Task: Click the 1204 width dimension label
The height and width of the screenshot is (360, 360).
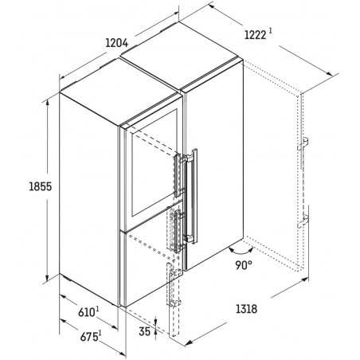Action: click(x=117, y=43)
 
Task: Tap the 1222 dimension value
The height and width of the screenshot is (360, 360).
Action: click(x=255, y=35)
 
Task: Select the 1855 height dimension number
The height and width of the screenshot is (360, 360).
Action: click(x=40, y=186)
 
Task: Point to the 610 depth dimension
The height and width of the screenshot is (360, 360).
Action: click(x=86, y=312)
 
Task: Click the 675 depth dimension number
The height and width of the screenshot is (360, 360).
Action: click(x=88, y=337)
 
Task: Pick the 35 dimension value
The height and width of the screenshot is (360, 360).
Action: click(x=145, y=331)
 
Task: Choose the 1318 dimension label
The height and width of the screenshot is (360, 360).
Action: click(x=246, y=309)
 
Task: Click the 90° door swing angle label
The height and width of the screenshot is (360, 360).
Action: click(x=244, y=265)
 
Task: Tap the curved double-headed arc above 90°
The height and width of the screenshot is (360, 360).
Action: click(x=241, y=251)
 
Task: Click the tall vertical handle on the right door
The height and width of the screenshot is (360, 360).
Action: click(x=192, y=197)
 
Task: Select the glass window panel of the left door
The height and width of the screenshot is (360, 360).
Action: click(x=155, y=162)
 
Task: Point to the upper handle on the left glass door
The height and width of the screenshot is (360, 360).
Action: click(x=178, y=175)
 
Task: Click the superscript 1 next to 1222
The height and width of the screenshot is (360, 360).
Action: click(x=270, y=31)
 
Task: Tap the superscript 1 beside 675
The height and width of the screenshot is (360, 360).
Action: click(x=100, y=333)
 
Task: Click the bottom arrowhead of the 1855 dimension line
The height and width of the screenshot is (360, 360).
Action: click(x=47, y=278)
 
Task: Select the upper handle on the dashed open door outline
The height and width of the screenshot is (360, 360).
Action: click(x=303, y=143)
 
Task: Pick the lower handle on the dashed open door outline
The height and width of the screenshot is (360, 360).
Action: click(x=303, y=222)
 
